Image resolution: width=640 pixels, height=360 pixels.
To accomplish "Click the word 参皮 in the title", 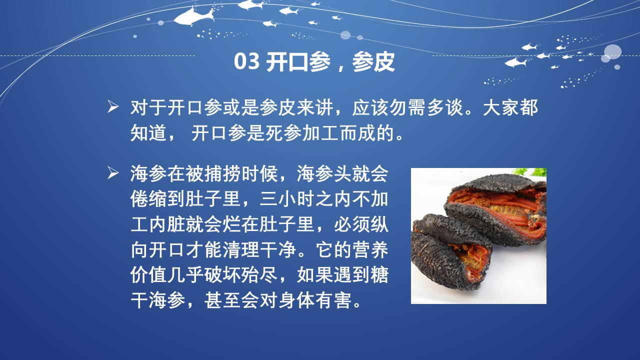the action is tap(373, 61).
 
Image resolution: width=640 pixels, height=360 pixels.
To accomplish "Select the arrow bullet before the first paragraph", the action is tap(113, 107).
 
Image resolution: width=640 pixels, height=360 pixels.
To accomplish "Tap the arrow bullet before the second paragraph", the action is tap(113, 173).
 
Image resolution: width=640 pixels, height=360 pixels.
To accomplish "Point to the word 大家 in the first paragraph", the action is tap(501, 107).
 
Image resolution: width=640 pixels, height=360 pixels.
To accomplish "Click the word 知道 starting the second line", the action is tap(148, 133).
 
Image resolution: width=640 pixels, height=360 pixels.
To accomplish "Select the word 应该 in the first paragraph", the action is tap(370, 107).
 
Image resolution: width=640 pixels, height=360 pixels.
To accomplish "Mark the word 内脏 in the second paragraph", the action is tap(167, 224).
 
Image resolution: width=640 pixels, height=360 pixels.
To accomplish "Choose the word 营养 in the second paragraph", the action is tap(370, 249).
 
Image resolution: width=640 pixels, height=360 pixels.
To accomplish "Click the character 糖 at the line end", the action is tap(379, 275).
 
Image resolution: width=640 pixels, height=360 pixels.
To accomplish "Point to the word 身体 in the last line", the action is tap(296, 300).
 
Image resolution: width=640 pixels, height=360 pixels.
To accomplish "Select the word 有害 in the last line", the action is tap(333, 300).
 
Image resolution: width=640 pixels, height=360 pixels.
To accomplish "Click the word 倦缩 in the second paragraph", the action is tap(148, 199).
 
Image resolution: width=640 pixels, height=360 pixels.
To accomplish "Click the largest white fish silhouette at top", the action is tap(194, 16).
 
